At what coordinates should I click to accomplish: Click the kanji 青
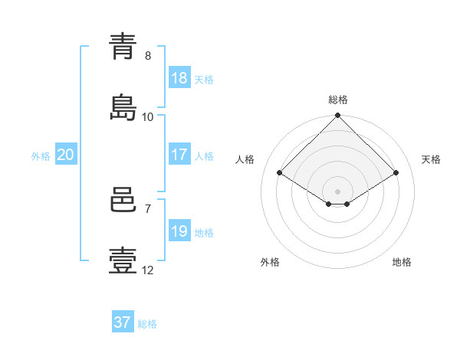pyautogui.click(x=123, y=47)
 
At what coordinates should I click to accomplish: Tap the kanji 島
pyautogui.click(x=123, y=107)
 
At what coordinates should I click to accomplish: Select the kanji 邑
pyautogui.click(x=123, y=200)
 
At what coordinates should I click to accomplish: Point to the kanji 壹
pyautogui.click(x=123, y=260)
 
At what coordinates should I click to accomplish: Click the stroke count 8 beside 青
pyautogui.click(x=148, y=56)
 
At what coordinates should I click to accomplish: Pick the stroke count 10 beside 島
pyautogui.click(x=147, y=117)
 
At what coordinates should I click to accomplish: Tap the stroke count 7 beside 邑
pyautogui.click(x=148, y=209)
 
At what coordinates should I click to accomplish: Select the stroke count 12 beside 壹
pyautogui.click(x=147, y=270)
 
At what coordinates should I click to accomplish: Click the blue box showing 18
pyautogui.click(x=179, y=77)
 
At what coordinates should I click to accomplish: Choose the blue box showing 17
pyautogui.click(x=179, y=154)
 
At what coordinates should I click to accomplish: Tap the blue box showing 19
pyautogui.click(x=179, y=230)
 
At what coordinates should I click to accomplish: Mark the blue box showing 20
pyautogui.click(x=66, y=154)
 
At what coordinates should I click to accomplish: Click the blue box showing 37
pyautogui.click(x=123, y=321)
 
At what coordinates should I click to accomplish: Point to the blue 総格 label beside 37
pyautogui.click(x=147, y=324)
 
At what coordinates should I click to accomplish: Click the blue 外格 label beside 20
pyautogui.click(x=41, y=156)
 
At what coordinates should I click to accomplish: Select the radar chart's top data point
pyautogui.click(x=337, y=115)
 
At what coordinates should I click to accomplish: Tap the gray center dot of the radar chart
pyautogui.click(x=337, y=191)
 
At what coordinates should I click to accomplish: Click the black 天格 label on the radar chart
pyautogui.click(x=431, y=159)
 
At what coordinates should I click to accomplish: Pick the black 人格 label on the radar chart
pyautogui.click(x=245, y=159)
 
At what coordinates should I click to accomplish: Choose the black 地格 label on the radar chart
pyautogui.click(x=402, y=262)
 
